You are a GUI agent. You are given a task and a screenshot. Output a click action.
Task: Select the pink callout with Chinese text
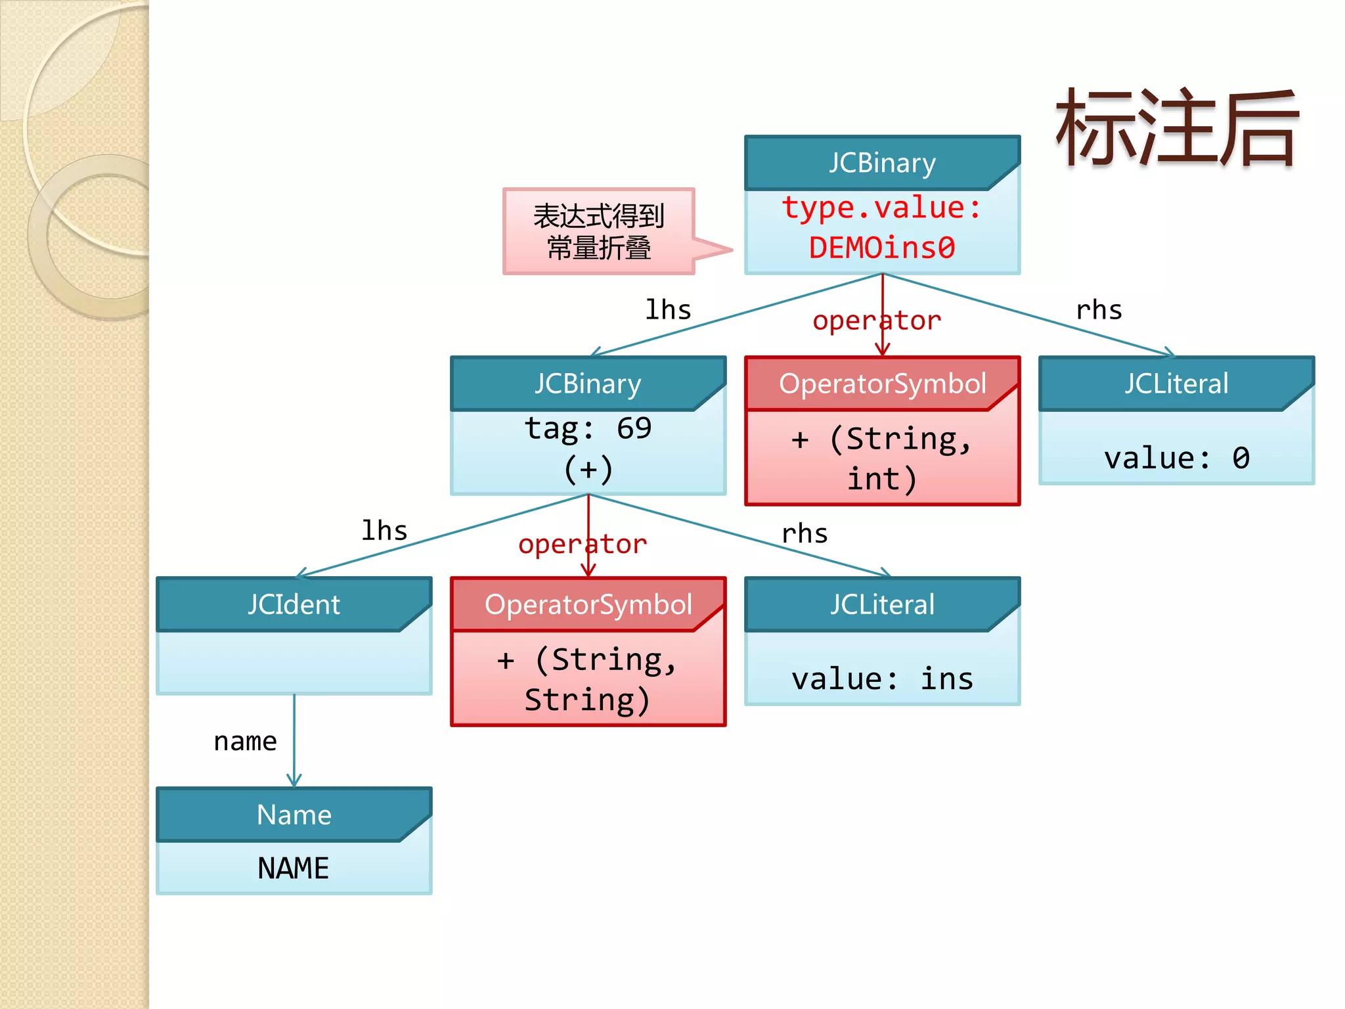pos(598,231)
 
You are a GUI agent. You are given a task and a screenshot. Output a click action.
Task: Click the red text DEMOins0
pos(881,248)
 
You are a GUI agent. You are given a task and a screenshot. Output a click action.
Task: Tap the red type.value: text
pos(881,208)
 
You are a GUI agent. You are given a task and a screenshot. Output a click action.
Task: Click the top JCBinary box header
pos(881,163)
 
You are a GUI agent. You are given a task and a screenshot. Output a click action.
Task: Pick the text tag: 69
pos(588,429)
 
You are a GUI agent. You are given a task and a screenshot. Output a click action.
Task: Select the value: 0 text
pos(1176,458)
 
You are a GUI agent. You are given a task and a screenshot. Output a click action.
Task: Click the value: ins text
pos(882,679)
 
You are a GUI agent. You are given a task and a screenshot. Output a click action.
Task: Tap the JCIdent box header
pos(294,604)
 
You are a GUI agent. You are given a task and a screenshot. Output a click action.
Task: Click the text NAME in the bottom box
pos(294,868)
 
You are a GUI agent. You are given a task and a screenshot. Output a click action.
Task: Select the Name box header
pos(294,815)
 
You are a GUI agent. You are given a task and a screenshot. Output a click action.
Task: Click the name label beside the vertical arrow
pos(245,742)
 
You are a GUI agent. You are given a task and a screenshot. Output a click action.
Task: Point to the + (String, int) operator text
pos(882,459)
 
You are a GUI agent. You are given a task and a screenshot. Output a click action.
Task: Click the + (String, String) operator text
pos(588,679)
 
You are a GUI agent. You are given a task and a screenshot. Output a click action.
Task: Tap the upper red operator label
pos(876,321)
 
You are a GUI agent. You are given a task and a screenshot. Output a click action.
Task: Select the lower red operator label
pos(582,544)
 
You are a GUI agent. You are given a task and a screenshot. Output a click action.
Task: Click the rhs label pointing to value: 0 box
pos(1099,310)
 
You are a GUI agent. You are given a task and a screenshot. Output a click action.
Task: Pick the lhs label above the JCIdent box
pos(384,531)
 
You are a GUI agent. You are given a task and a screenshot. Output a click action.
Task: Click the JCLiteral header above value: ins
pos(881,604)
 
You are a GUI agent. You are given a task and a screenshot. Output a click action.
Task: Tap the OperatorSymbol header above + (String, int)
pos(881,384)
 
